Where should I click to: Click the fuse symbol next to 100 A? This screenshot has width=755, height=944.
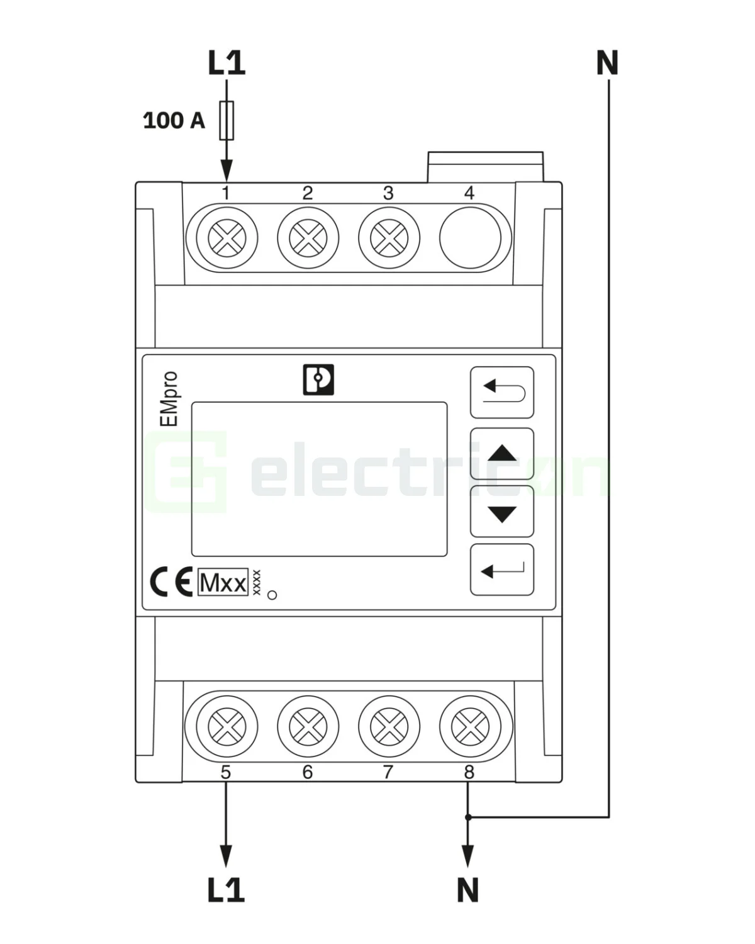click(x=226, y=120)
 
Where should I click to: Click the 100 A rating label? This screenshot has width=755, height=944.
click(x=174, y=120)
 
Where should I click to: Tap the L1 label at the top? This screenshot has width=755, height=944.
click(x=226, y=64)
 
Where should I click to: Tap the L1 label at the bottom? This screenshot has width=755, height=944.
click(x=226, y=890)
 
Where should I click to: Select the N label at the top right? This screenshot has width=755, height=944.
click(x=607, y=64)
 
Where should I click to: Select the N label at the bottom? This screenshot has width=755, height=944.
click(x=467, y=890)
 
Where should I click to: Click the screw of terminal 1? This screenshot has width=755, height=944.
click(x=226, y=239)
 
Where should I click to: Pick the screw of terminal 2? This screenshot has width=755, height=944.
click(x=308, y=239)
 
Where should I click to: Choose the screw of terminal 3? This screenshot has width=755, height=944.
click(x=389, y=239)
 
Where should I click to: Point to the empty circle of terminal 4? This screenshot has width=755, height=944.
click(x=470, y=239)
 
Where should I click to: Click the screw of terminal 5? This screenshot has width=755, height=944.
click(x=226, y=728)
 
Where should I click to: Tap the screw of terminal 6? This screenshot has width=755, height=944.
click(x=308, y=728)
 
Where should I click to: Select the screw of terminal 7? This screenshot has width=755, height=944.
click(x=389, y=728)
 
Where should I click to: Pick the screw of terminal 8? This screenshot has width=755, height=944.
click(x=470, y=728)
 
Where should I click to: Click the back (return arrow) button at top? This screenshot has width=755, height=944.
click(x=502, y=392)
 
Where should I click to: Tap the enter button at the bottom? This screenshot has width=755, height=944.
click(x=502, y=570)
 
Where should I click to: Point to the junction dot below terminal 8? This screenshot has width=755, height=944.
click(x=467, y=817)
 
